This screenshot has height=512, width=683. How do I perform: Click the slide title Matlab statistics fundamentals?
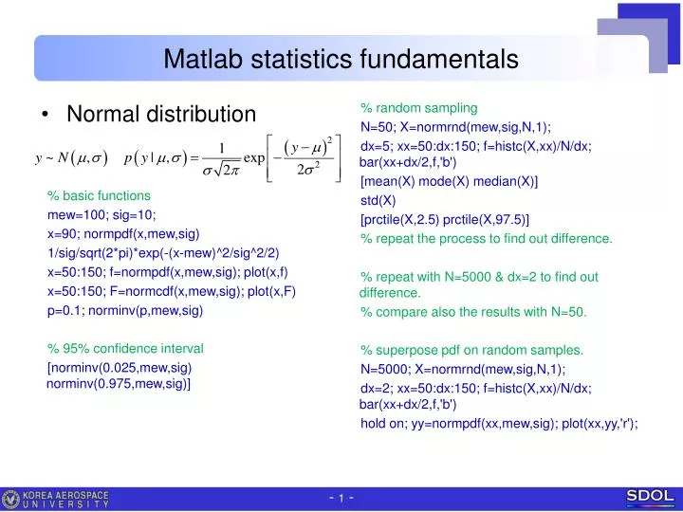[x=341, y=60]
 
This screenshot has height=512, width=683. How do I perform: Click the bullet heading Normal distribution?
[x=160, y=115]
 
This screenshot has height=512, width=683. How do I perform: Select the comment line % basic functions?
[x=99, y=196]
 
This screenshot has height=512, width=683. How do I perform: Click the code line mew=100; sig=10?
[x=102, y=215]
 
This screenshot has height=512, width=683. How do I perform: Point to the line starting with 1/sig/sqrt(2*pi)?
[x=163, y=253]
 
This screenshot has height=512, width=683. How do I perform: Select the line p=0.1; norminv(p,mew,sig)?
[x=125, y=310]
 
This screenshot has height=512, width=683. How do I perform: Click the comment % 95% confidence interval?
[x=125, y=348]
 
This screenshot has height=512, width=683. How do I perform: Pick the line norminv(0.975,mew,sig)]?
[x=119, y=383]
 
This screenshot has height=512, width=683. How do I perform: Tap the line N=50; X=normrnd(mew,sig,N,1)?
[x=455, y=127]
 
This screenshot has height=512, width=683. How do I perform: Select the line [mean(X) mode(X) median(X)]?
[x=449, y=181]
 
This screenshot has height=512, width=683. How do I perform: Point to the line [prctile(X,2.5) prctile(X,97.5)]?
[x=445, y=220]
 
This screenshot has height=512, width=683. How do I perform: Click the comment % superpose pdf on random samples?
[x=471, y=350]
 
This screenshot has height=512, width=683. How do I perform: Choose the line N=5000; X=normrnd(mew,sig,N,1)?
[x=463, y=369]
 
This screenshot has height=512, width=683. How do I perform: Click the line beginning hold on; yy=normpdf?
[x=499, y=424]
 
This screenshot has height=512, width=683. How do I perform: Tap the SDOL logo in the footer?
[x=650, y=496]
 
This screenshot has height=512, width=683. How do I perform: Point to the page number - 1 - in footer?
[x=341, y=499]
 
